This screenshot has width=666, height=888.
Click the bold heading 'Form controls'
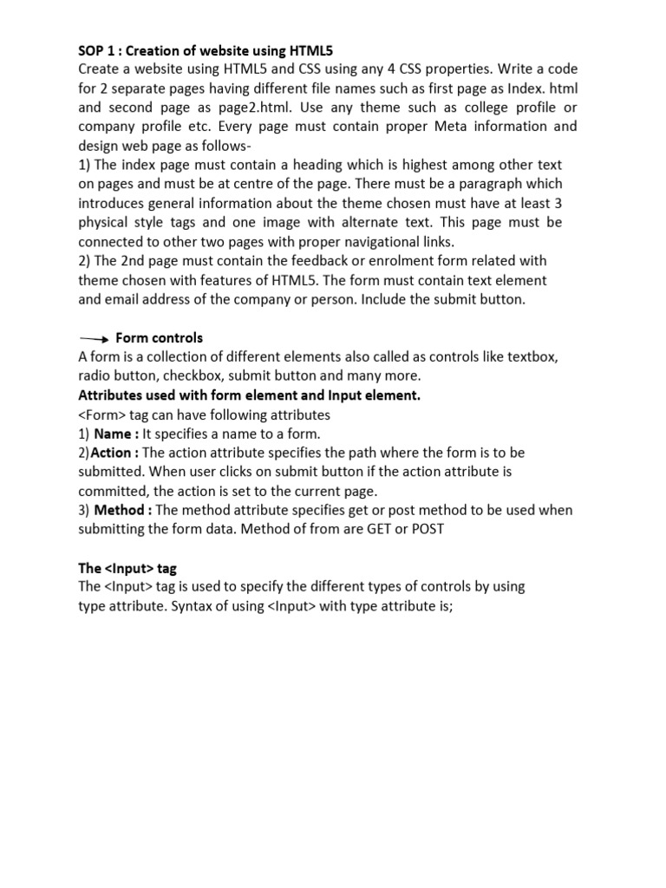(x=159, y=337)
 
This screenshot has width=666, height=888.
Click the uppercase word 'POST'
(x=426, y=529)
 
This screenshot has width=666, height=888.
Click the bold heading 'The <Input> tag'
(x=127, y=568)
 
